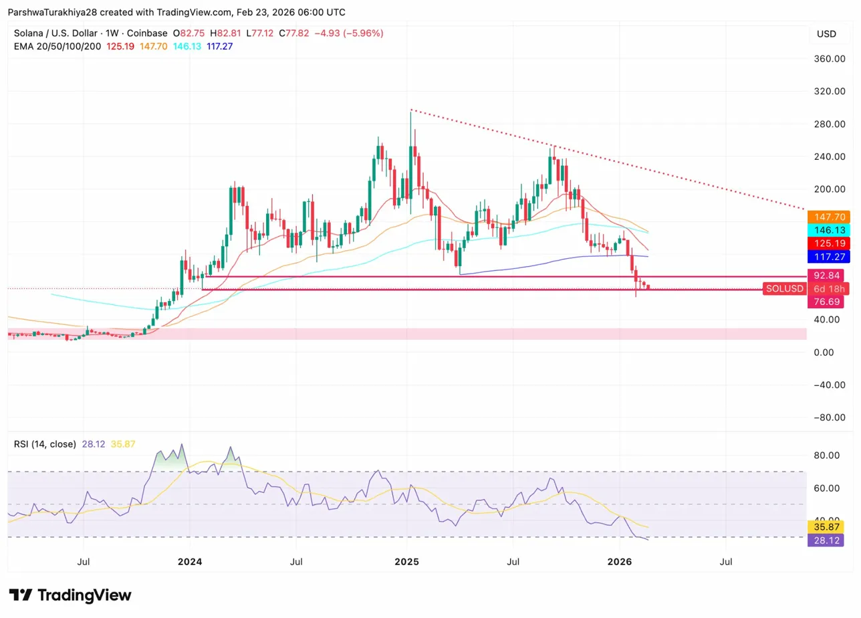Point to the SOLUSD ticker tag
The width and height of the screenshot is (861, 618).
click(785, 288)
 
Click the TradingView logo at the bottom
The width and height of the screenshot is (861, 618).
click(70, 595)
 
